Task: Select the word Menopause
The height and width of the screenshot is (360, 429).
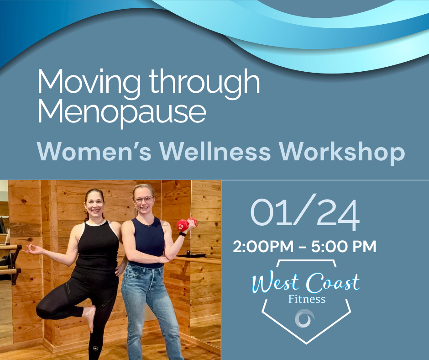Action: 121,112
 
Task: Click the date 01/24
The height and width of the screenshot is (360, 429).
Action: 305,214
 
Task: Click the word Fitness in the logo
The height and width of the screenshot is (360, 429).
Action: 307,299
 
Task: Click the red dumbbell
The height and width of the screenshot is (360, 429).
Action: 187,224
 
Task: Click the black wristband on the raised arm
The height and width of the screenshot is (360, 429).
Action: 183,234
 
